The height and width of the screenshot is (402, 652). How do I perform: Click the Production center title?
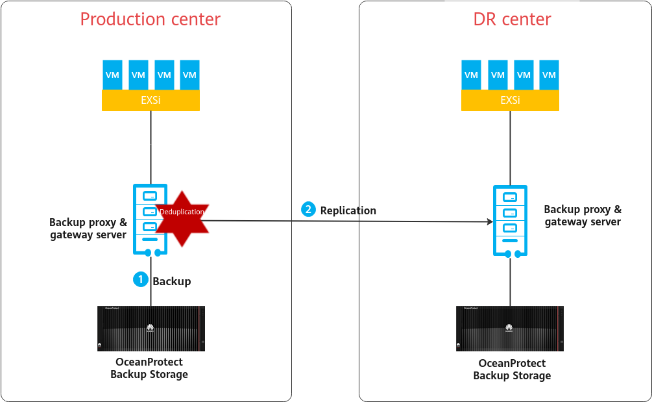click(x=150, y=19)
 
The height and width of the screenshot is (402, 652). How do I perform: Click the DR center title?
click(x=512, y=19)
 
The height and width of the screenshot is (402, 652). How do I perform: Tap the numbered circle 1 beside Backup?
click(x=140, y=279)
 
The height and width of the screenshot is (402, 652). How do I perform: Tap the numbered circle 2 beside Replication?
click(x=308, y=209)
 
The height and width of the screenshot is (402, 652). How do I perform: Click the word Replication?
click(x=348, y=210)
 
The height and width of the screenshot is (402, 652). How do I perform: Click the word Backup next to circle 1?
click(x=171, y=281)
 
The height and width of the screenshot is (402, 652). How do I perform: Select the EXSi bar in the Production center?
click(x=151, y=100)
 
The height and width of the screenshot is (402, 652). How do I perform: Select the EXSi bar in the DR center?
click(x=510, y=100)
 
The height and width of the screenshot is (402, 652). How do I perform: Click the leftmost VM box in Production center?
click(x=112, y=75)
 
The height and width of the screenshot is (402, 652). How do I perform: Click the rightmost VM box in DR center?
click(x=549, y=75)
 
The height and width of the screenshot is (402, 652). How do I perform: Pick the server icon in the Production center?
click(x=150, y=220)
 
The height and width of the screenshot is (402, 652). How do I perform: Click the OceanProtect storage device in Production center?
click(x=151, y=329)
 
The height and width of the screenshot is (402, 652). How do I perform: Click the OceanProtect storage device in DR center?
click(x=509, y=329)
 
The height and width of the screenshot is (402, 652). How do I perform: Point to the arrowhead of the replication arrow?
click(x=489, y=221)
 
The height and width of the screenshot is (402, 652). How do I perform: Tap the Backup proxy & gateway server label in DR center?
click(x=582, y=216)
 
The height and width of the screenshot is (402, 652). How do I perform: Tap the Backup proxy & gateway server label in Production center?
click(x=88, y=229)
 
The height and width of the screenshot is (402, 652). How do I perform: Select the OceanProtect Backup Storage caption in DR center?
click(x=512, y=370)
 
